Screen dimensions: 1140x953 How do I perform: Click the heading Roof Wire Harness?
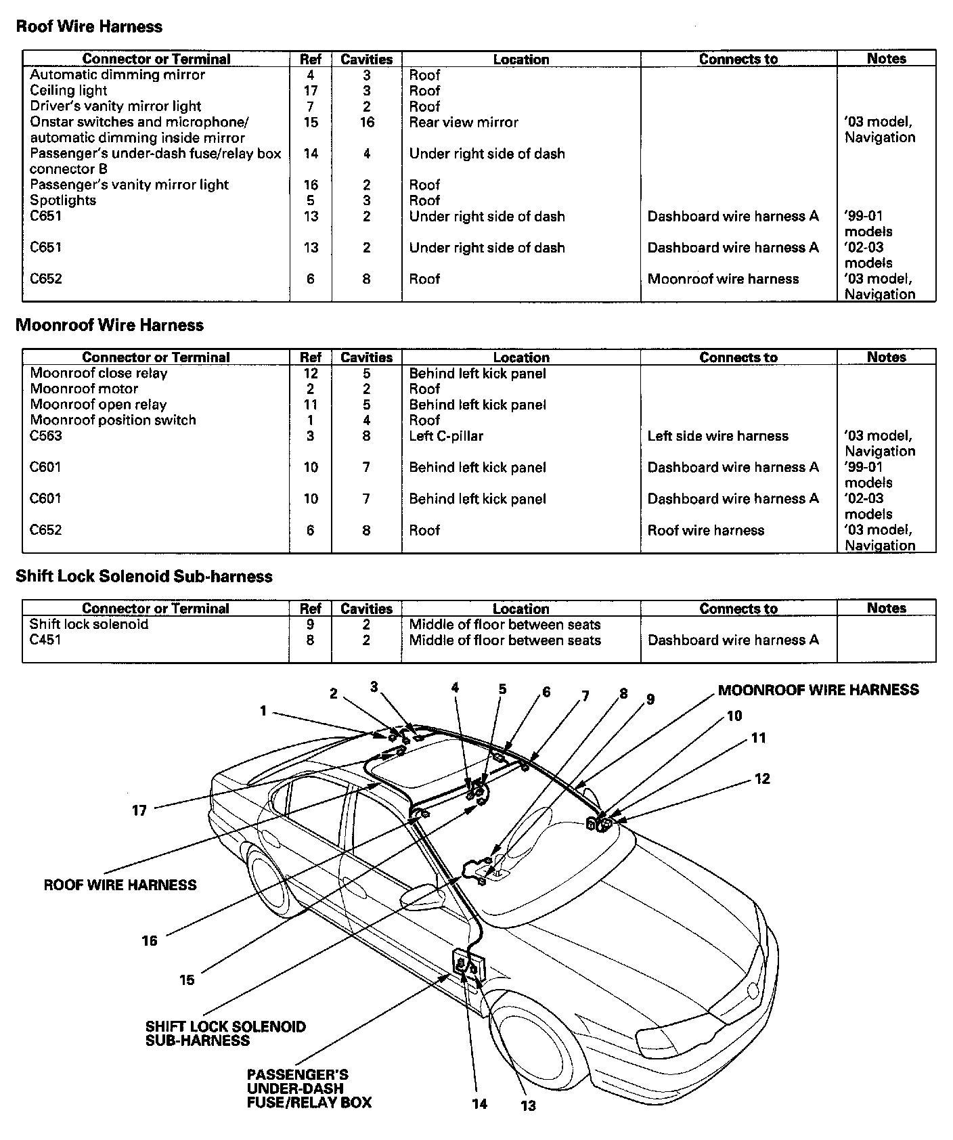89,27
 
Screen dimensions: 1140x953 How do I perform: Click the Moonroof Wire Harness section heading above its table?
109,326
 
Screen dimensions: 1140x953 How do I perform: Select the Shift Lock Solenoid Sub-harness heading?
143,577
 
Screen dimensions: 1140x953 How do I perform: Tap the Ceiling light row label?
68,91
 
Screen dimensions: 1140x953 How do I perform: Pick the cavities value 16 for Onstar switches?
366,123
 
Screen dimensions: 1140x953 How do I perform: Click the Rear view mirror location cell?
464,123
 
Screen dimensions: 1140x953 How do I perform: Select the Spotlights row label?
63,200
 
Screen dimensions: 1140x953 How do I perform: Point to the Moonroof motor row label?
84,389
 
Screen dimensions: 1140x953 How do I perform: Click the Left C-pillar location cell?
446,436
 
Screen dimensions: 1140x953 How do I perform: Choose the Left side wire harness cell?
717,436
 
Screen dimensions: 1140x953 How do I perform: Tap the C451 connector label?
45,640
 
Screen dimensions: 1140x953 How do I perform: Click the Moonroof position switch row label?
113,420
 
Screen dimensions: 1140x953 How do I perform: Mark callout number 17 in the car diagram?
139,810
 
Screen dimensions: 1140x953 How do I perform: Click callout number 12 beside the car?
762,779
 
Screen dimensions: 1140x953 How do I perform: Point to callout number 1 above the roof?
263,711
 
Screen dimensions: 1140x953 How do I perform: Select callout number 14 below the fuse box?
479,1104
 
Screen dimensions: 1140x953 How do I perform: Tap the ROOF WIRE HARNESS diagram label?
120,885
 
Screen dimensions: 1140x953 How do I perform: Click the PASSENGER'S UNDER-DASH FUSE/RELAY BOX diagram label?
308,1089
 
